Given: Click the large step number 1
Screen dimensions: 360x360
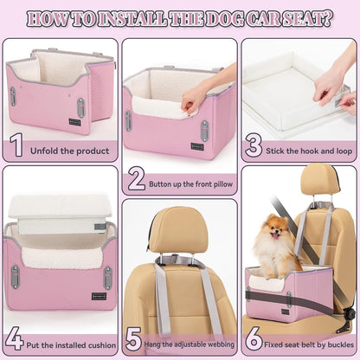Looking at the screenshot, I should (16, 145).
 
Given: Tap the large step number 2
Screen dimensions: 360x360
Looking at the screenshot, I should (136, 179).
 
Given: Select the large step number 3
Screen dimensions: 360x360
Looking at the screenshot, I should (254, 145).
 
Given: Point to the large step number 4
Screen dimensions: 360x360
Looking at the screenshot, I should (15, 338).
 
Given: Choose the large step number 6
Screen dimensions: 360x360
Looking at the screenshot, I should (253, 338).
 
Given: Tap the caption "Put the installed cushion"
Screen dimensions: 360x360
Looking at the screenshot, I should (67, 342).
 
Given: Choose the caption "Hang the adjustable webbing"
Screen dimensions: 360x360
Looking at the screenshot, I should (189, 341).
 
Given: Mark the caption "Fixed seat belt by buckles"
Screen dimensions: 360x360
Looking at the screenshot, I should (306, 342).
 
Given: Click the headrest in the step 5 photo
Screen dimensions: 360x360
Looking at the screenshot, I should (178, 228).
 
